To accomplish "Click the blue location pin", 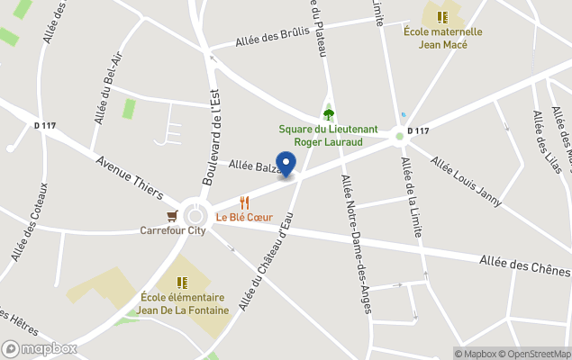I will [286, 164].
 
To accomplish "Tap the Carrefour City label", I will [173, 230].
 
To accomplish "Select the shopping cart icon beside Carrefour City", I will [172, 216].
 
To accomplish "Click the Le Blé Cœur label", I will [244, 217].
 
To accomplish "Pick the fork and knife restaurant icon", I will [243, 202].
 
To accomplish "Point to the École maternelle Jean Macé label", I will [442, 38].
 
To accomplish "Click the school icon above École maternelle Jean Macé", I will [441, 17].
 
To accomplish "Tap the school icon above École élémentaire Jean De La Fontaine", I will [183, 282].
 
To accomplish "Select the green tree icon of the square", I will [328, 114].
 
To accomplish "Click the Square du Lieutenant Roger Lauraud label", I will [327, 135].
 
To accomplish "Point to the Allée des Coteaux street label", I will [30, 220].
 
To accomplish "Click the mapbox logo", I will [40, 348].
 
